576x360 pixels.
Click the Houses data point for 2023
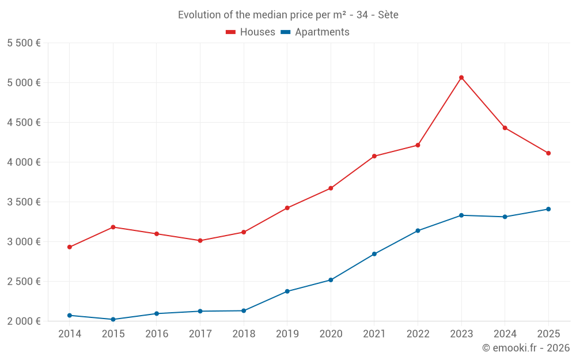(461, 77)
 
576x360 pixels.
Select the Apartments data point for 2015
(113, 319)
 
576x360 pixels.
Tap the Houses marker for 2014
(70, 247)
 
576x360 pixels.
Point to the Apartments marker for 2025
(548, 209)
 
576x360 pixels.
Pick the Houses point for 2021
(374, 156)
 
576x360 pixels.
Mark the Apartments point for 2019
(287, 291)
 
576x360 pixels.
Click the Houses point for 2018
(244, 232)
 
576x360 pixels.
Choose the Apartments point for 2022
(418, 230)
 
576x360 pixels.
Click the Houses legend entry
(251, 32)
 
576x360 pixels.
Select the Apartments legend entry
(315, 32)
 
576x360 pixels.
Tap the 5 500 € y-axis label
(24, 43)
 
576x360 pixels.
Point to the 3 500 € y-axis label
(24, 202)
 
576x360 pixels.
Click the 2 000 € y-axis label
(24, 321)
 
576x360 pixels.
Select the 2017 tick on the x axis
(200, 334)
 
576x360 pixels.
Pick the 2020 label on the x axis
(331, 334)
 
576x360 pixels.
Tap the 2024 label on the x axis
(505, 334)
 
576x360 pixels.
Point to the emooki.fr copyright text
(526, 348)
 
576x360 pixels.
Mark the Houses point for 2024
(505, 128)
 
